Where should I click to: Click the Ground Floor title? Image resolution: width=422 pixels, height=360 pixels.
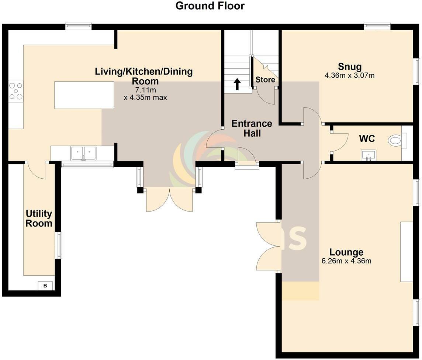click(x=210, y=6)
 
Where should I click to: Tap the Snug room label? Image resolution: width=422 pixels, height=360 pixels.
click(x=350, y=67)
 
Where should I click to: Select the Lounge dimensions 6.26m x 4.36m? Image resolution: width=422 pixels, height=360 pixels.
click(x=346, y=261)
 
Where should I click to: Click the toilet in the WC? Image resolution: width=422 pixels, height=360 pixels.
click(x=395, y=140)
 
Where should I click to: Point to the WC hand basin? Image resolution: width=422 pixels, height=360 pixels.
click(x=369, y=155)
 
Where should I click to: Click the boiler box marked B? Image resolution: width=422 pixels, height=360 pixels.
click(x=45, y=286)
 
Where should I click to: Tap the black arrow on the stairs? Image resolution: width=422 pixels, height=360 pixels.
click(x=237, y=84)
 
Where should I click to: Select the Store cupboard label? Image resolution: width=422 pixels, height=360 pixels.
click(x=265, y=80)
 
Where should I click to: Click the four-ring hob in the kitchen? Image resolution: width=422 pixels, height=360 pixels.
click(x=16, y=91)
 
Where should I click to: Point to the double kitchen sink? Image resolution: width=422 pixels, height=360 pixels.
click(x=83, y=153)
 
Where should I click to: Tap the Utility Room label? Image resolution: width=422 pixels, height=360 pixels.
click(x=39, y=219)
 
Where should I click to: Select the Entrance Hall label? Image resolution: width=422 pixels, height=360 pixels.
click(x=252, y=128)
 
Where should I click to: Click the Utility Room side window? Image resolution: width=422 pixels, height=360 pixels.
click(x=58, y=245)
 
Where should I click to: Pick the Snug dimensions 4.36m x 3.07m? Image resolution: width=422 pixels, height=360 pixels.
click(x=349, y=76)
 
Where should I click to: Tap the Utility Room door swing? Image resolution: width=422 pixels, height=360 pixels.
click(x=36, y=171)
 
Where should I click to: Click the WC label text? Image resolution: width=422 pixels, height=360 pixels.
click(x=367, y=139)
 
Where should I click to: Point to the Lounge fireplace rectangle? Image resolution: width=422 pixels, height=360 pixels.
click(x=407, y=252)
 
